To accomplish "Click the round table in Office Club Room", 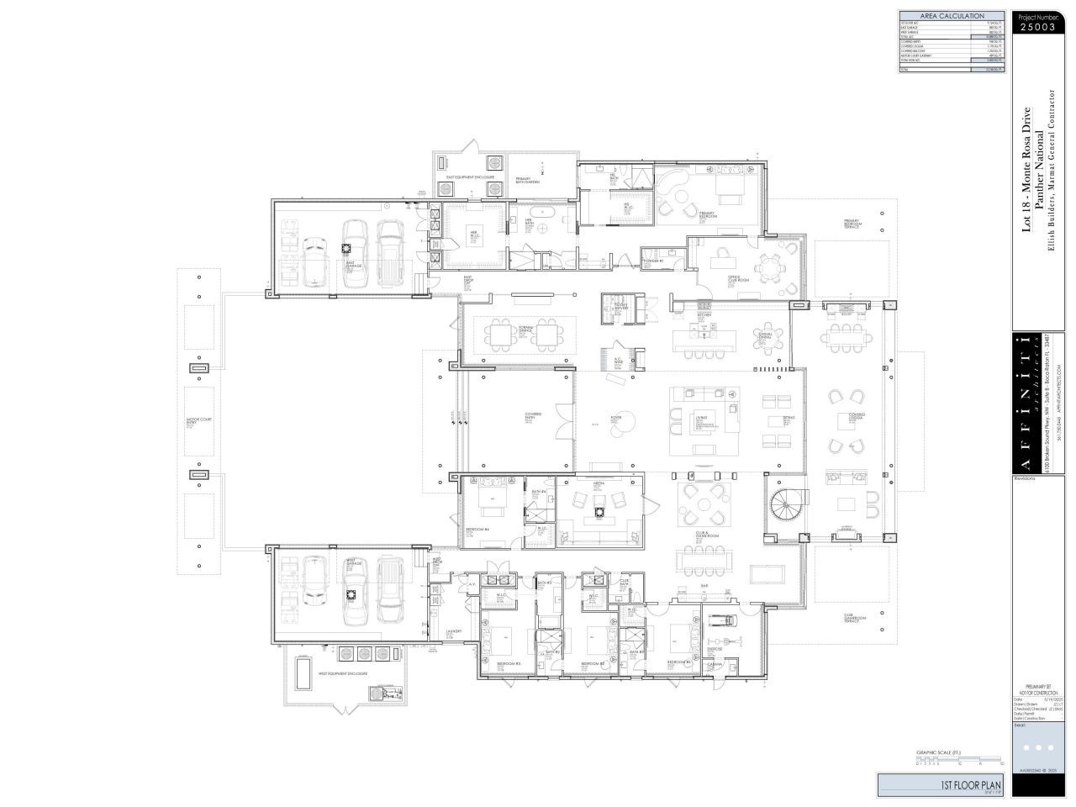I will [x=767, y=269].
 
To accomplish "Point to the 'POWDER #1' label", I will [x=653, y=261].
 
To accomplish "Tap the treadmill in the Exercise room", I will [x=721, y=620].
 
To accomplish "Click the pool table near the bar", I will [x=767, y=574].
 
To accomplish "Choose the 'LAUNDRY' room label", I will [x=454, y=632].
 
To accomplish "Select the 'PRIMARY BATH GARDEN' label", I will [x=528, y=181].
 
